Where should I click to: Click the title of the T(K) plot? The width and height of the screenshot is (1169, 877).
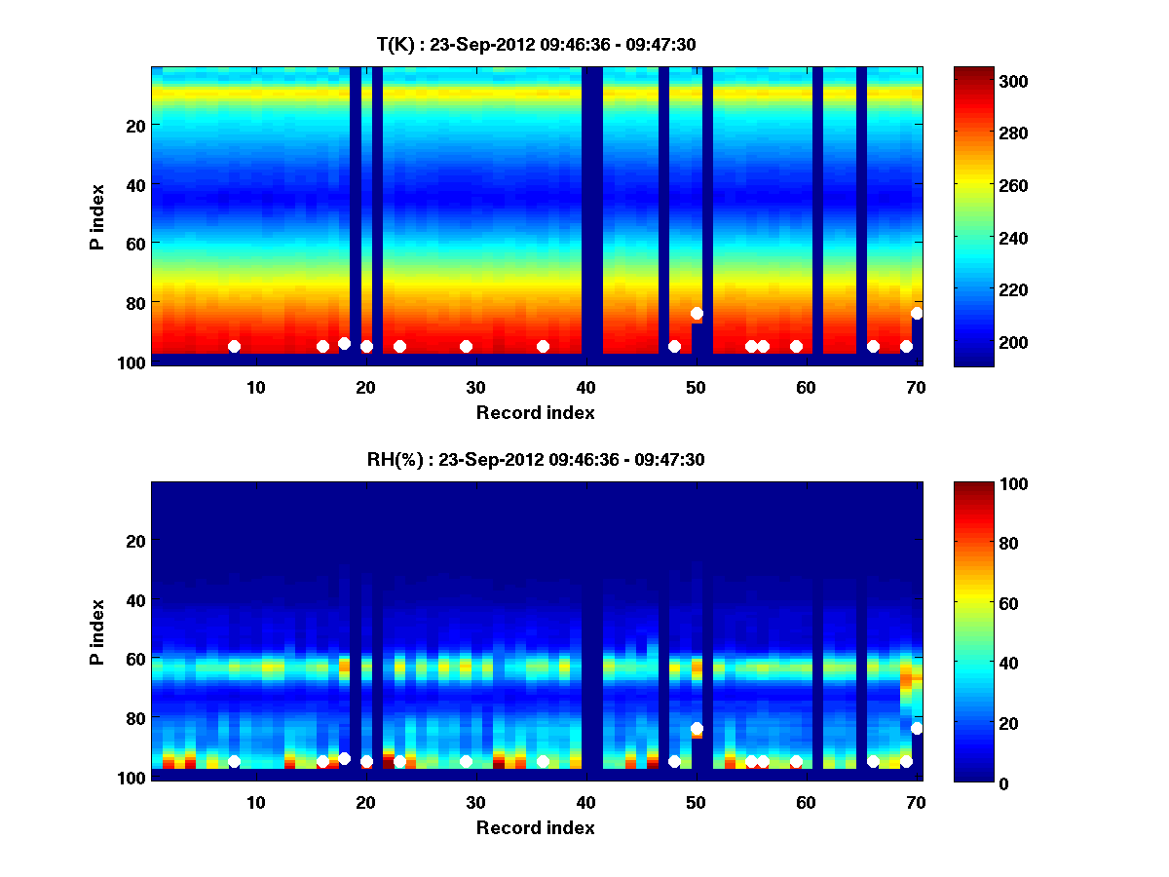(536, 44)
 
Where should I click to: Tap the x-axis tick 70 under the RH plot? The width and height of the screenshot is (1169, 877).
(916, 803)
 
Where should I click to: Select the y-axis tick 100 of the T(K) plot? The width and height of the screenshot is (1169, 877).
(134, 362)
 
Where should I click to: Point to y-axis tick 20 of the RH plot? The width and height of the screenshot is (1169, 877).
(137, 541)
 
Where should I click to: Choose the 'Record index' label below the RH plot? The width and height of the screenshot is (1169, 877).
(535, 828)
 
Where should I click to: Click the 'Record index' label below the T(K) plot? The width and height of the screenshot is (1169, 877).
(535, 412)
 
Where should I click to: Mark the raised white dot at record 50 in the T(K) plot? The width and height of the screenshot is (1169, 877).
(697, 314)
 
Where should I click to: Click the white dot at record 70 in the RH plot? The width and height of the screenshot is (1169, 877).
(917, 729)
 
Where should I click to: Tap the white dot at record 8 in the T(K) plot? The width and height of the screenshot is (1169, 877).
(234, 347)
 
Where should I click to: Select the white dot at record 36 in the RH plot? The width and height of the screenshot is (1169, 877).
(543, 762)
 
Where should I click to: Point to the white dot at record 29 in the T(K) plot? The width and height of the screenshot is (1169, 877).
(466, 347)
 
